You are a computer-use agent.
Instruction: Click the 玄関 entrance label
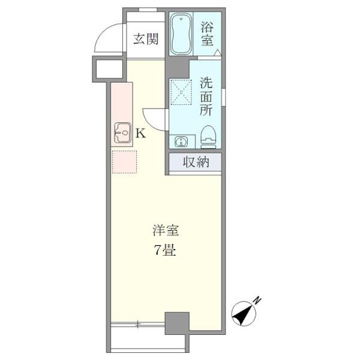(x=146, y=40)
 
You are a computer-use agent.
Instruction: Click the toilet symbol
(x=208, y=137)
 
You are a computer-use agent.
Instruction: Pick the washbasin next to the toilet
(x=179, y=142)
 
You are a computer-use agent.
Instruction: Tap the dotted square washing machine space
(x=180, y=91)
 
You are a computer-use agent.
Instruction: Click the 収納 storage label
(x=196, y=162)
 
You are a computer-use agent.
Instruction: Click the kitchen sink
(x=123, y=132)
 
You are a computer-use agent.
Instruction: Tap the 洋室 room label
(x=166, y=230)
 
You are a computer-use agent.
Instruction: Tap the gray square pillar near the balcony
(x=177, y=323)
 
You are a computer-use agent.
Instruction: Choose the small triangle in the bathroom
(x=217, y=53)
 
